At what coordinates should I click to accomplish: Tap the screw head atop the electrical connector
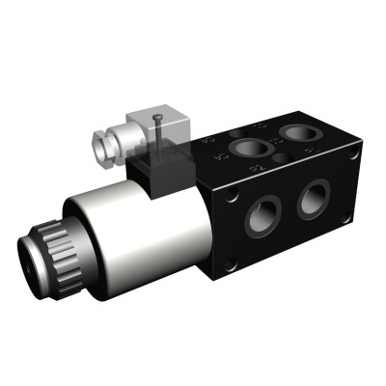point(157,119)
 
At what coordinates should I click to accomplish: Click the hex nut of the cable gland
point(102,146)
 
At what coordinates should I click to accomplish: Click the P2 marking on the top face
point(257,171)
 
